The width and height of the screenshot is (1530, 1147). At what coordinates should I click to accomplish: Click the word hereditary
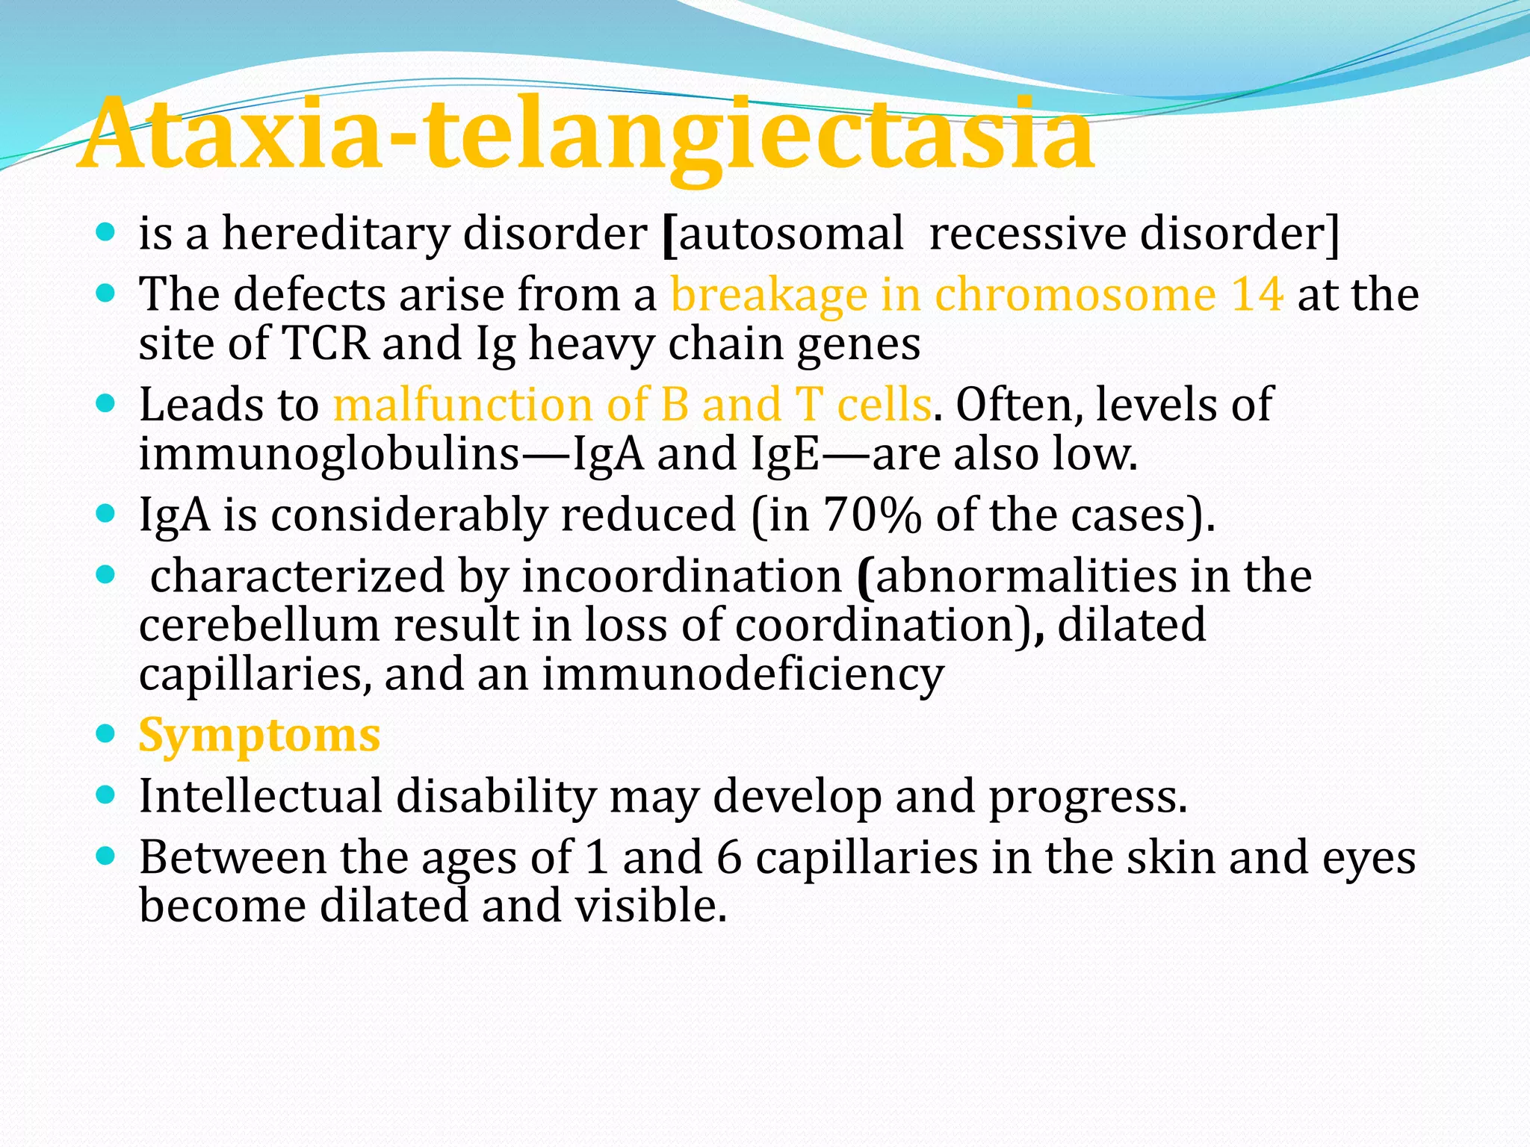pyautogui.click(x=335, y=234)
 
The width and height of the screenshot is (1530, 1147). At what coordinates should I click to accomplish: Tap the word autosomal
pyautogui.click(x=791, y=234)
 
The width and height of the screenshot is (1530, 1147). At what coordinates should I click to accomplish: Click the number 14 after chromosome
pyautogui.click(x=1257, y=294)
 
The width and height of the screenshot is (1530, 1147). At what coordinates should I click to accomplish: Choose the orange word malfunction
pyautogui.click(x=462, y=405)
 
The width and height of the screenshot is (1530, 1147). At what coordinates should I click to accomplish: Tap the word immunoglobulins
pyautogui.click(x=329, y=454)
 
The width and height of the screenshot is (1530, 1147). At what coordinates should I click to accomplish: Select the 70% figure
pyautogui.click(x=871, y=515)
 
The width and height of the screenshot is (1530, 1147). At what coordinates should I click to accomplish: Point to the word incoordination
pyautogui.click(x=681, y=576)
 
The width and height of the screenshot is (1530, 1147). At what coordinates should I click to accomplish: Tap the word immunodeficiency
pyautogui.click(x=743, y=674)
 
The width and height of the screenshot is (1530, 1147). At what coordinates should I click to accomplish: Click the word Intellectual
pyautogui.click(x=260, y=796)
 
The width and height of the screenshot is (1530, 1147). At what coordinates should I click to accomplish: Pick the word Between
pyautogui.click(x=232, y=857)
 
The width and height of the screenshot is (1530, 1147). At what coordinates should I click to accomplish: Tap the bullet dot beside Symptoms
pyautogui.click(x=106, y=733)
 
